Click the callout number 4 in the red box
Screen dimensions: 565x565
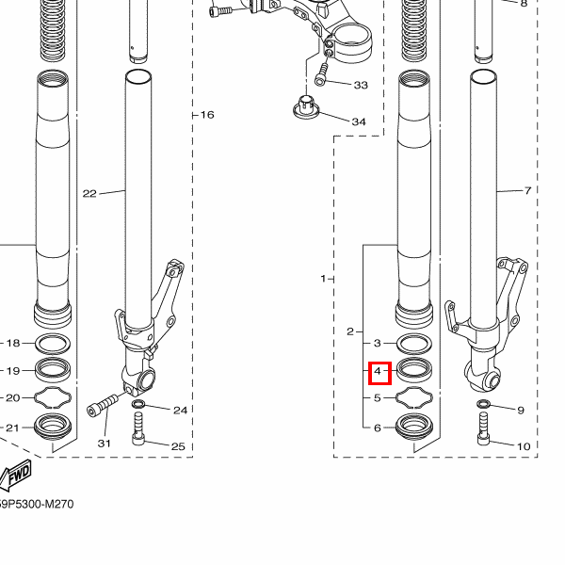(x=378, y=371)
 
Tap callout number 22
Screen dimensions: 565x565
(x=89, y=194)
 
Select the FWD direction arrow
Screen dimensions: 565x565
(x=15, y=476)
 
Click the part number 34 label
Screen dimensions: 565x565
(x=359, y=121)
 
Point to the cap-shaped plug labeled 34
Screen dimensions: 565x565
(x=306, y=106)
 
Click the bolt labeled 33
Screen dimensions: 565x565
(x=321, y=74)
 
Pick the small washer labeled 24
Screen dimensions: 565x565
(x=138, y=403)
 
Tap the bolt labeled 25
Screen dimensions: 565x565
(x=138, y=429)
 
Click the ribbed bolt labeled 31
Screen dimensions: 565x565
(x=103, y=405)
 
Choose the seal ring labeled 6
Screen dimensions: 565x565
(x=414, y=427)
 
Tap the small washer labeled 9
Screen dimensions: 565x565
(x=483, y=404)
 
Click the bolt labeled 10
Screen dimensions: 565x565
(x=484, y=429)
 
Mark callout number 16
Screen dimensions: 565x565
(x=207, y=115)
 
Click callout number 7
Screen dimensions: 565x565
(x=527, y=190)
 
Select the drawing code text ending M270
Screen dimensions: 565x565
(x=36, y=504)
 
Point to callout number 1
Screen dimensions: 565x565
(x=323, y=279)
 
